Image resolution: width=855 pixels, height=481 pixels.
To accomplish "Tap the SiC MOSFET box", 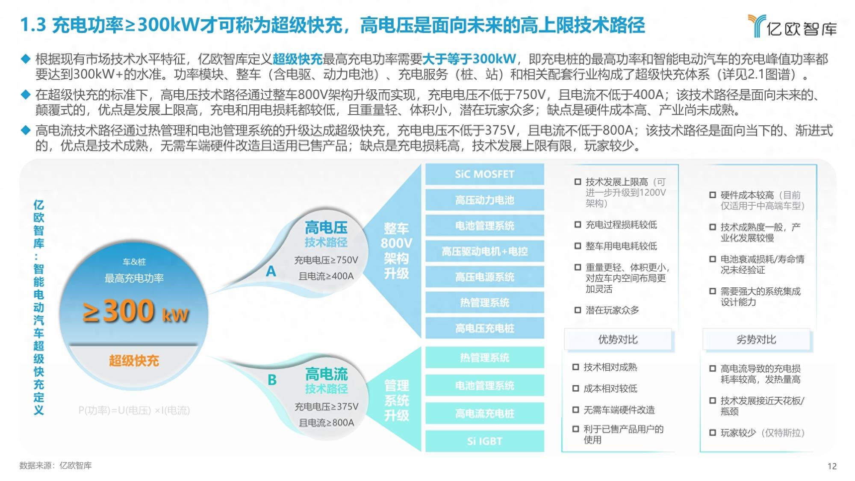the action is click(485, 174).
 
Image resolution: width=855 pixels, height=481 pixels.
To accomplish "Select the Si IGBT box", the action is click(485, 441).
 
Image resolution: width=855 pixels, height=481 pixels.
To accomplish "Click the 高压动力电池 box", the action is click(485, 200).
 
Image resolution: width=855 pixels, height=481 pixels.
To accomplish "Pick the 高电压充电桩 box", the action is click(485, 328).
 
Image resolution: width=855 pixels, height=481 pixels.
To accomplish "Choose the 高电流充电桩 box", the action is click(485, 413).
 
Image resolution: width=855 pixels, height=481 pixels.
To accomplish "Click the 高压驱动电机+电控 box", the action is click(485, 251).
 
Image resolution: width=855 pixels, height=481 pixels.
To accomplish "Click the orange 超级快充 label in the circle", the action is click(134, 361).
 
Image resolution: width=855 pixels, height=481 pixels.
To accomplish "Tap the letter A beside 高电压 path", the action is click(271, 271).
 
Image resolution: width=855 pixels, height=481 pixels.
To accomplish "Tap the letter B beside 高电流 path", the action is click(272, 380).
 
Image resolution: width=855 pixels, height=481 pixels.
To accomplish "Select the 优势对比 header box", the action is click(618, 339).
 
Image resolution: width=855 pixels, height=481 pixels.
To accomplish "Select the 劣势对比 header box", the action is click(756, 339).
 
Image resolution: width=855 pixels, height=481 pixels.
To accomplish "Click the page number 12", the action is click(832, 466).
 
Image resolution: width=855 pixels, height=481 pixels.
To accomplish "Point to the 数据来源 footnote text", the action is click(56, 465).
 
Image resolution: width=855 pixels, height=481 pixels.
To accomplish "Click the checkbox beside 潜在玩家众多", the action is click(578, 310).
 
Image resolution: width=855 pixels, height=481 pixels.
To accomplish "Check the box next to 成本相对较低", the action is click(576, 388).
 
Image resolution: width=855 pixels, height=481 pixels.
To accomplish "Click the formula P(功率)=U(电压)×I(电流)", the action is click(134, 410).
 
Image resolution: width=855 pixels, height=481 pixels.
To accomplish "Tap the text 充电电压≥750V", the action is click(326, 260).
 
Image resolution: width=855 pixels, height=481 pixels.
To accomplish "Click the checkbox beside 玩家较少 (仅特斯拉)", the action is click(713, 433).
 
